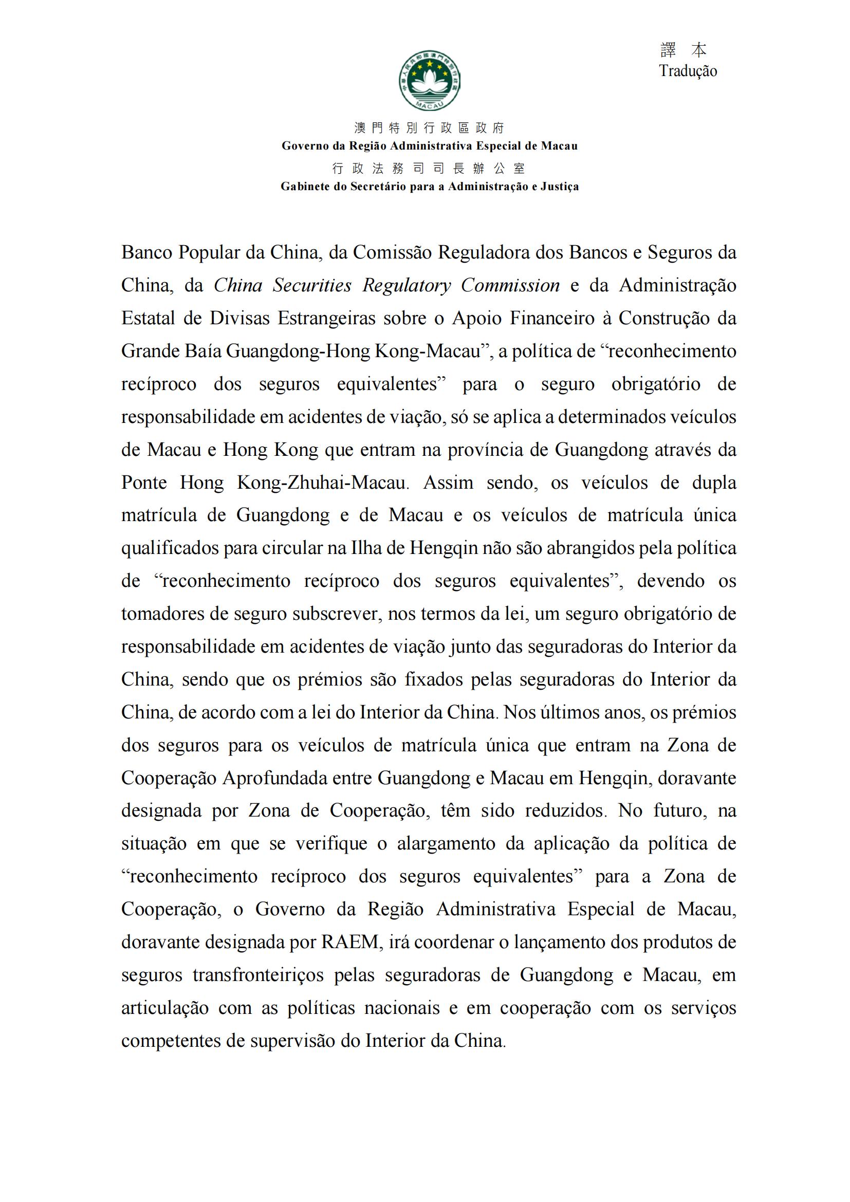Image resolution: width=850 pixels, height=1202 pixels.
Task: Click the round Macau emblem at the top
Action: point(430,82)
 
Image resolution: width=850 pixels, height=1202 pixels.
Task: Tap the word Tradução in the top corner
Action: point(688,71)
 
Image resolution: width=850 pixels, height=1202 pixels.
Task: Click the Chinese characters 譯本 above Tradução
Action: point(683,50)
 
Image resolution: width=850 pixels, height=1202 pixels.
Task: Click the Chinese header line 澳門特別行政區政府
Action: point(429,128)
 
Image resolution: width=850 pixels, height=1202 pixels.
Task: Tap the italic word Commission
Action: point(510,286)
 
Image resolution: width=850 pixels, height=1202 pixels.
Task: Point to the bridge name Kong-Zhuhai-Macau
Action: point(322,483)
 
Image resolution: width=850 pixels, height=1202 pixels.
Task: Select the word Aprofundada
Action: point(297,779)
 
